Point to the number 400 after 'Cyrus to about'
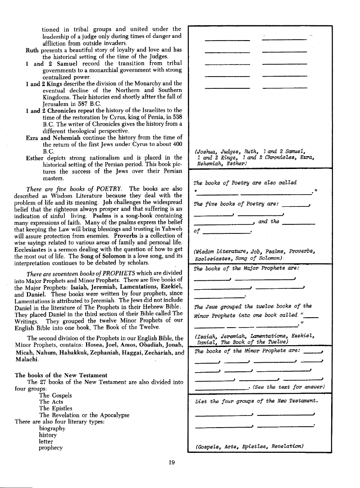[177, 144]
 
